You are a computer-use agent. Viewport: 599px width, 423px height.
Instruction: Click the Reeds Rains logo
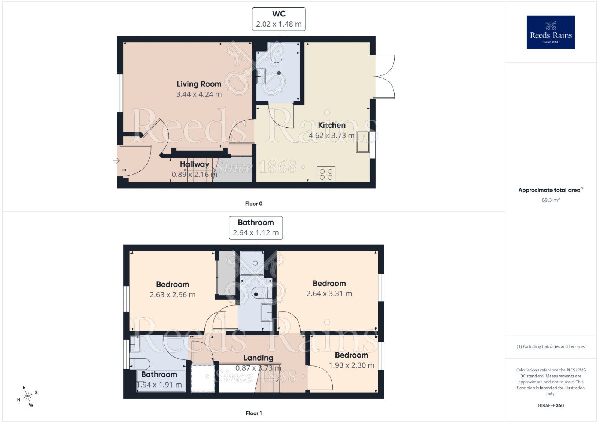pos(550,32)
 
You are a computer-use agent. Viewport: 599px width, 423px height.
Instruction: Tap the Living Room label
pos(199,84)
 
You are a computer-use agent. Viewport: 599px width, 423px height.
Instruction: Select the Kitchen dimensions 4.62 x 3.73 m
pos(331,135)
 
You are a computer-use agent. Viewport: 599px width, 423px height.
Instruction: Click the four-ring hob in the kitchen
pos(326,174)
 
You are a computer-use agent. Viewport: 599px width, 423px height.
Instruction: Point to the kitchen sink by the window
pos(362,142)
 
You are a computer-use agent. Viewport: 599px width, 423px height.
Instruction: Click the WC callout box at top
pos(279,19)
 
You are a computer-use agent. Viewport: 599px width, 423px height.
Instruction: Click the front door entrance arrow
pos(116,161)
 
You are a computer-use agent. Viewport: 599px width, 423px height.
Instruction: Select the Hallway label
pos(194,164)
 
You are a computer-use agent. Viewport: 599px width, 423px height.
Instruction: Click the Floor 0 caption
pos(253,204)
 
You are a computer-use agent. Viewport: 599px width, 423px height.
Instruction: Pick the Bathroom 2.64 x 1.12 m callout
pos(256,228)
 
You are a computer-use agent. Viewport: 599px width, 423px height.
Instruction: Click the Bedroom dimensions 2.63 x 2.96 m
pos(173,294)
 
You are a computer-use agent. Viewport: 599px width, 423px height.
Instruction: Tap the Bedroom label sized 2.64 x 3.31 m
pos(329,284)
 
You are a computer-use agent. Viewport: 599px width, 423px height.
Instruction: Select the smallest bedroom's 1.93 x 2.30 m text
pos(351,365)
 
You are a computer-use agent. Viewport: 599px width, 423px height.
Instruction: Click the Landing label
pos(258,358)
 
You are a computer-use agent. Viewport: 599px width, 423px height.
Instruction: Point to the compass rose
pos(28,396)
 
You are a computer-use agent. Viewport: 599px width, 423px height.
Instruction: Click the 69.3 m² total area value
pos(550,200)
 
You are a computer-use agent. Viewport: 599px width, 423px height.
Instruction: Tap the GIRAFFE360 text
pos(550,405)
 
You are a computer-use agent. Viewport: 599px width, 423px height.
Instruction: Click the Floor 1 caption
pos(253,413)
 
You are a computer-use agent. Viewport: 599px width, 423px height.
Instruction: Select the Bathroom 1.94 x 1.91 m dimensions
pos(159,385)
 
